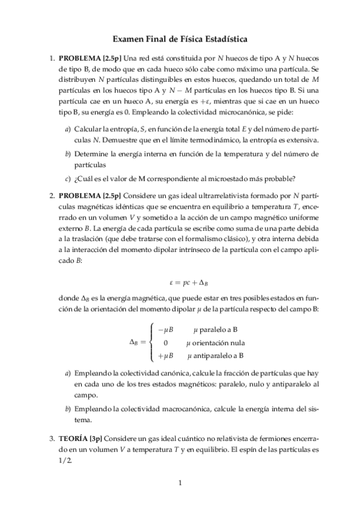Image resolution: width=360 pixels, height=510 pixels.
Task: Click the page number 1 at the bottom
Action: tap(180, 482)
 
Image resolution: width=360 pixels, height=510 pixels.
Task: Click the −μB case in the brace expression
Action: tap(165, 330)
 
